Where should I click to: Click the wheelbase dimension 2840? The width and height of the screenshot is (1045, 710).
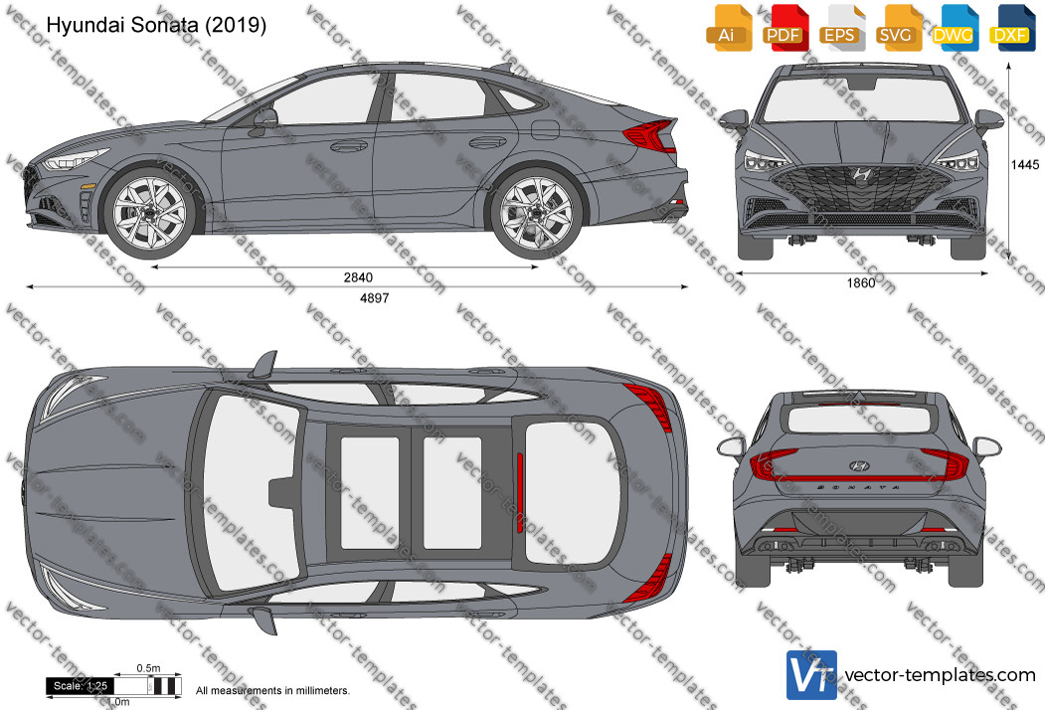coord(358,277)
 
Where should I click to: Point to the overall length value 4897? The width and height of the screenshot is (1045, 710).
coord(374,298)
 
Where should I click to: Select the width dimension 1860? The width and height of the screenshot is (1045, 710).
coord(860,283)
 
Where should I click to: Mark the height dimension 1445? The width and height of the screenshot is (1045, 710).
coord(1025,165)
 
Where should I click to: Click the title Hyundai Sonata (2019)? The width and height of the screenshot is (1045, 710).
coord(156,25)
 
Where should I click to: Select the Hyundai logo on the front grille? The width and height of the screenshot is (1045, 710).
coord(861,175)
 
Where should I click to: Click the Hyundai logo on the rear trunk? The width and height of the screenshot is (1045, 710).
coord(860,466)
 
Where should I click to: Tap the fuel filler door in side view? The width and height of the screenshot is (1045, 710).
coord(545,129)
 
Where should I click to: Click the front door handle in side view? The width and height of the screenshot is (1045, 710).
coord(349,145)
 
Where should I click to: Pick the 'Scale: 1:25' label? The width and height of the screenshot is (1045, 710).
coord(81,686)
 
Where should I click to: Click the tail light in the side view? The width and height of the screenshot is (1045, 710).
coord(651,135)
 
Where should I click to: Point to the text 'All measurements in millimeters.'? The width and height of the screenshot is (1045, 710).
coord(272,691)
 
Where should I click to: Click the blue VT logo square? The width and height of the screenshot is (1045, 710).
coord(811,675)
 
